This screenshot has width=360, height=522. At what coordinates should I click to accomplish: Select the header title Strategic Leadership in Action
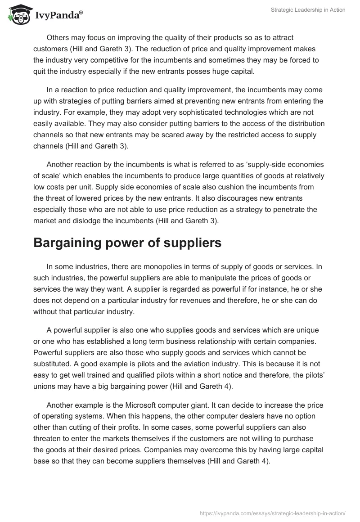[x=308, y=10]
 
